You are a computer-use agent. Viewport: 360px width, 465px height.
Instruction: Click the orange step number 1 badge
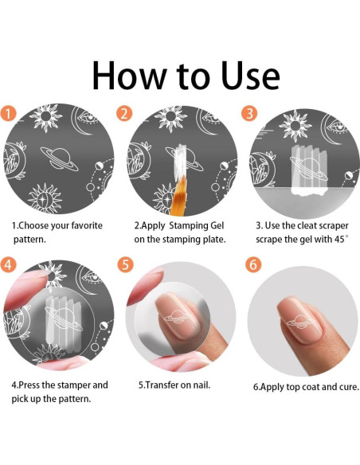tap(9, 113)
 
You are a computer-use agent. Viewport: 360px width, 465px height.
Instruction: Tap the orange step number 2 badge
tap(124, 113)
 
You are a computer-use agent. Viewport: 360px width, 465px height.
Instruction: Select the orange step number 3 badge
tap(249, 113)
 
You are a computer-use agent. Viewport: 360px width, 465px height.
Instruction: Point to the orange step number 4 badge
tap(8, 264)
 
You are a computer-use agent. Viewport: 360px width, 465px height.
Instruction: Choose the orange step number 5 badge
tap(126, 264)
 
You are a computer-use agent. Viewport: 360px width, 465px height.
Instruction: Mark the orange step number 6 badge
tap(253, 264)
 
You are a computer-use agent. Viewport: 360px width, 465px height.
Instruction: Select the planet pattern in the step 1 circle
tap(59, 158)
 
